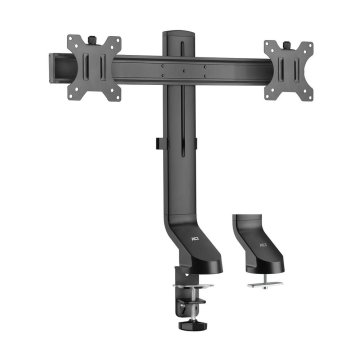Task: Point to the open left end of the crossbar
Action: [x=53, y=69]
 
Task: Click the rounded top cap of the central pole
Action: [x=180, y=39]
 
